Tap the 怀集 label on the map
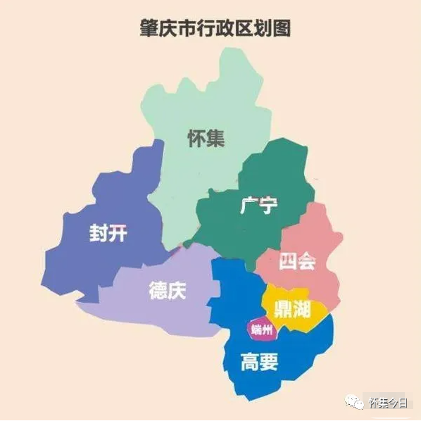206,138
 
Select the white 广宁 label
258,206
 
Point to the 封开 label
108,232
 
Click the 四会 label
297,261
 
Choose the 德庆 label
168,291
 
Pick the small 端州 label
260,328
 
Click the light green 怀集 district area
211,99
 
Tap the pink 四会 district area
317,232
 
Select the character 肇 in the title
148,28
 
